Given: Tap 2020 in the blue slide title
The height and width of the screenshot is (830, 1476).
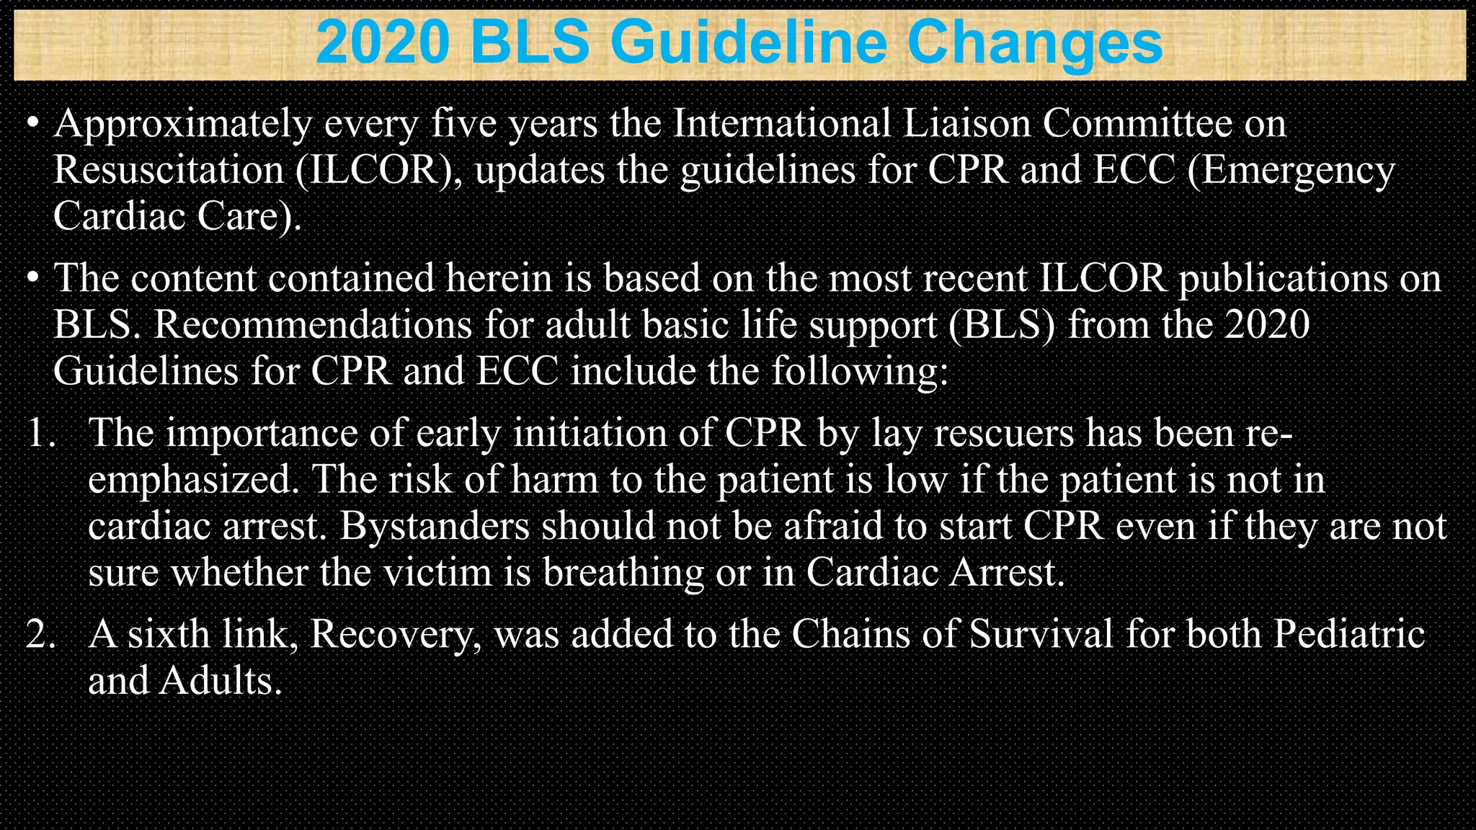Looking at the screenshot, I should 383,43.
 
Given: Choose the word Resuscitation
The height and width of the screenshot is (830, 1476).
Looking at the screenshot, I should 169,170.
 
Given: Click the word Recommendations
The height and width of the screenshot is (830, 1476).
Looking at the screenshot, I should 313,324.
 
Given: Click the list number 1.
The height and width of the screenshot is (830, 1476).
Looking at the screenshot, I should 41,433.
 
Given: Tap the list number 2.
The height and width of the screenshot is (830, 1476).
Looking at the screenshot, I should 41,635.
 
